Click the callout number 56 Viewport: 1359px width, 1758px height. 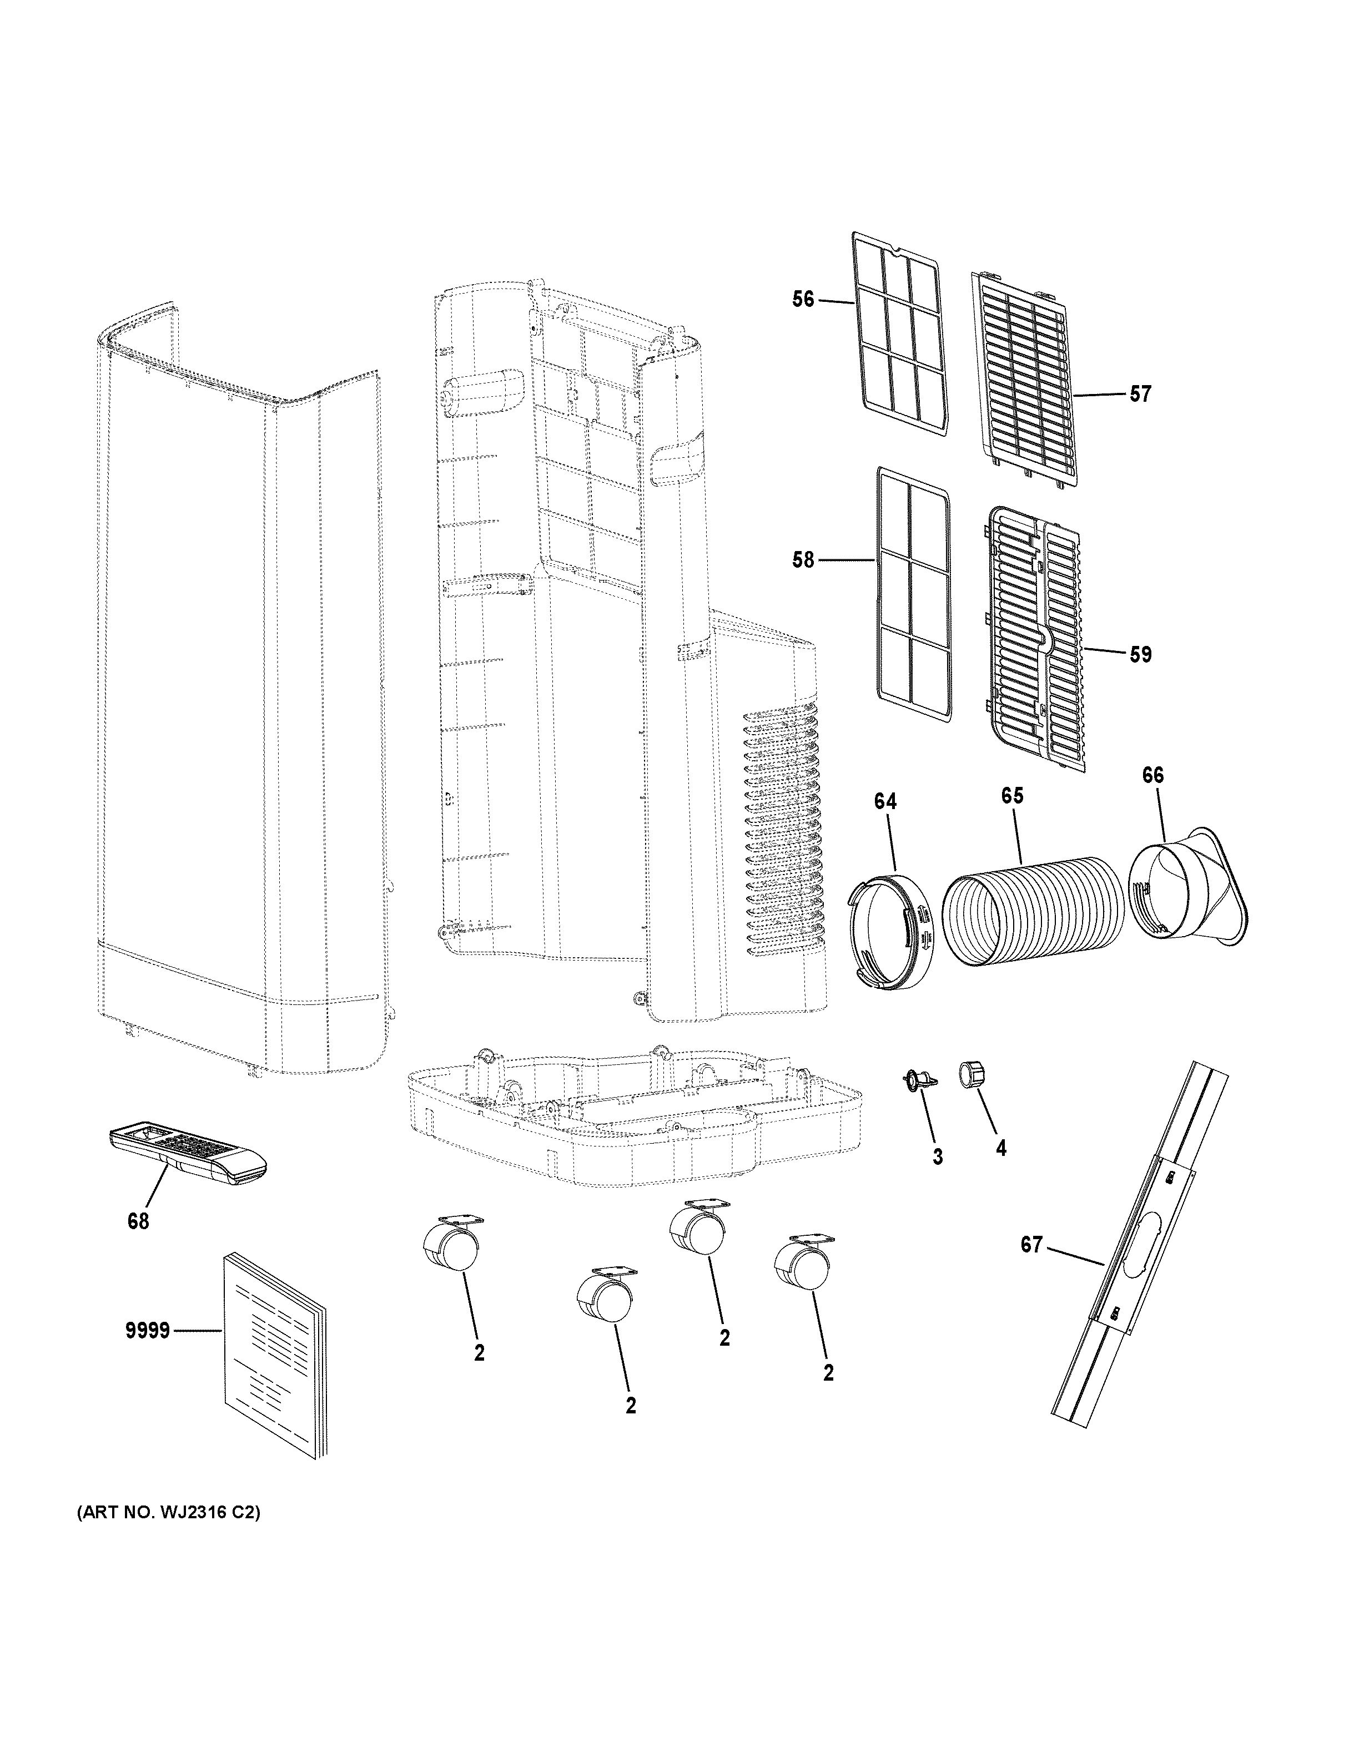click(x=803, y=300)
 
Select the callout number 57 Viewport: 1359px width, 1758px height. click(x=1140, y=395)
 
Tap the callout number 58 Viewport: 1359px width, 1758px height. click(x=803, y=559)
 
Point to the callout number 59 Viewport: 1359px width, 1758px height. click(x=1140, y=654)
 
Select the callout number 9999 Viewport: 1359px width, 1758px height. click(x=147, y=1331)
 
